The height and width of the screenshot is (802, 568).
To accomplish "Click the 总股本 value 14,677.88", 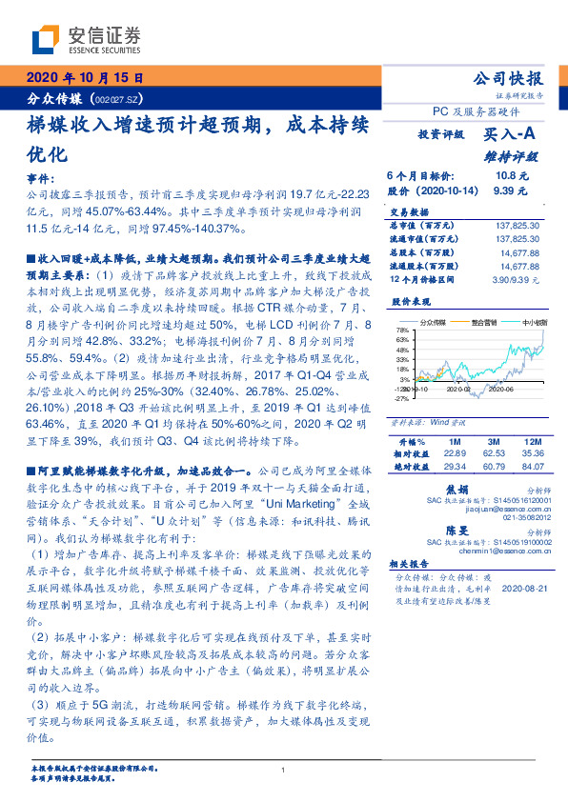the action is click(519, 254).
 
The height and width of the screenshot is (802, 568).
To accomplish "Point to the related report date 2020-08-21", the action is click(521, 589).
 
